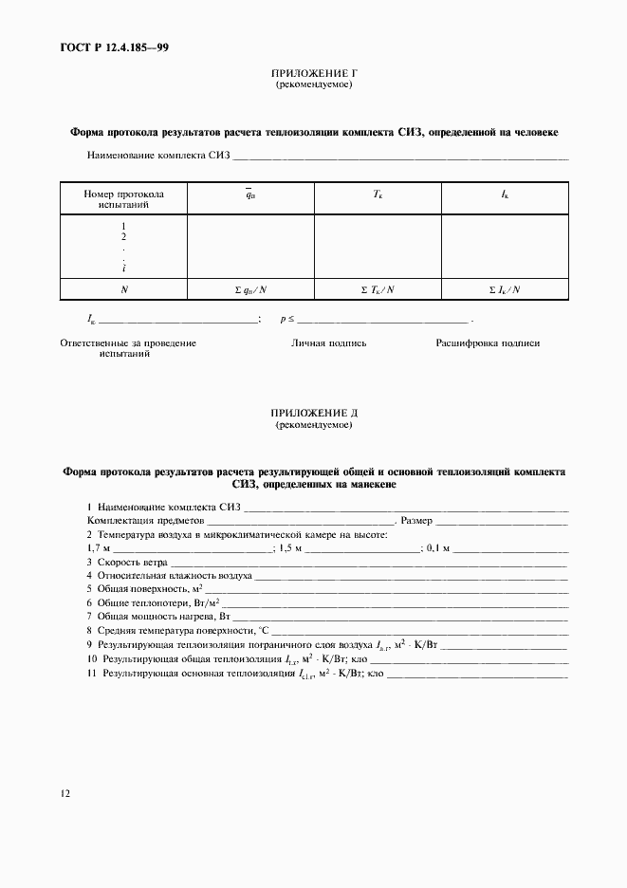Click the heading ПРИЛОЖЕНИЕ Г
coord(313,73)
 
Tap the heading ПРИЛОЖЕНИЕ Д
coord(313,414)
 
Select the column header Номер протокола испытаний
coord(123,198)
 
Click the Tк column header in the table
coord(378,194)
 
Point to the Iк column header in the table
coord(505,194)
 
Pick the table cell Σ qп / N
coord(250,289)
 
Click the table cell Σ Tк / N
coord(378,289)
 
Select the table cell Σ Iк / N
coord(505,289)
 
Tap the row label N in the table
coord(123,289)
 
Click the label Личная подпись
coord(328,343)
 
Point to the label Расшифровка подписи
coord(488,343)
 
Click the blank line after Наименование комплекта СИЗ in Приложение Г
coord(400,156)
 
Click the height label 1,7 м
coord(98,548)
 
